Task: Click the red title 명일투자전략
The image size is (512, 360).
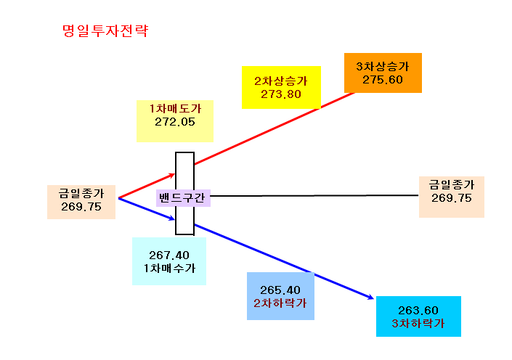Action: (105, 31)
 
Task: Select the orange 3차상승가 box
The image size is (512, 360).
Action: (383, 73)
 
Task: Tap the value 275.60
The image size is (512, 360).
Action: (383, 80)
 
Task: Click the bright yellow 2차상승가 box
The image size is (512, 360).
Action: (281, 87)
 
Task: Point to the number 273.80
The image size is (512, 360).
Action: (281, 94)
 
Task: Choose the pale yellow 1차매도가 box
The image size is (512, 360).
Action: (175, 121)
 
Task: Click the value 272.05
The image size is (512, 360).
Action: (175, 122)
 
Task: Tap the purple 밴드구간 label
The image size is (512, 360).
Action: (183, 198)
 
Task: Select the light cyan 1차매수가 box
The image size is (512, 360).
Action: (169, 261)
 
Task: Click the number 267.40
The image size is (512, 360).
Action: (169, 255)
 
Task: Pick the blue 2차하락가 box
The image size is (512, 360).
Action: (280, 296)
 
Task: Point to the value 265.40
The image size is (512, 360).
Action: (280, 290)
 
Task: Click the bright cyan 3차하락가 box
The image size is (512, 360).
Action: (418, 316)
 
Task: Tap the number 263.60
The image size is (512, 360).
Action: (418, 310)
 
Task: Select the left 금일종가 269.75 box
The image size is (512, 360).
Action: (81, 202)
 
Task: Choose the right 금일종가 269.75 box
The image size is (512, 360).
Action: (452, 197)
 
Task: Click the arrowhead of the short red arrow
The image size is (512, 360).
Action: (172, 176)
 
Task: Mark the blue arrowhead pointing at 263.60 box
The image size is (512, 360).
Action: (370, 297)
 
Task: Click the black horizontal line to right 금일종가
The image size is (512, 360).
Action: (314, 195)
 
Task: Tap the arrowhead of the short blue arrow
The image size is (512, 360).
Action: (172, 218)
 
